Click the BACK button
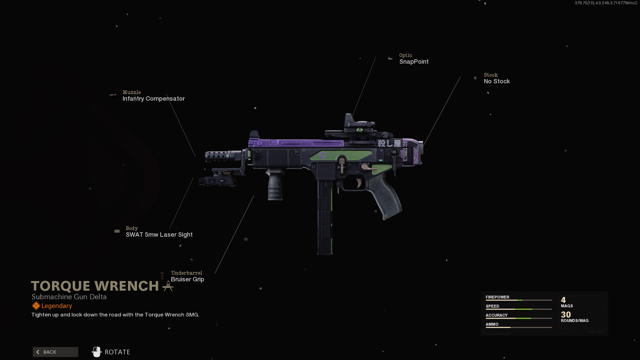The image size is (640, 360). coord(55,352)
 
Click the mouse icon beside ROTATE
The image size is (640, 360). coord(97,352)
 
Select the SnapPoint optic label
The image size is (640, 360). coord(414,62)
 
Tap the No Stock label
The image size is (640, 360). coord(497,81)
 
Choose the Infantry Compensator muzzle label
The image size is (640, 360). coord(153,99)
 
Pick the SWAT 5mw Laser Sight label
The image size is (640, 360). coord(159,235)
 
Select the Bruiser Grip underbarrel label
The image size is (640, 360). coord(187,279)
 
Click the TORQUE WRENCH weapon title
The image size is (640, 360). coord(95,286)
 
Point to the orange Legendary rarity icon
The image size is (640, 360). coord(36,306)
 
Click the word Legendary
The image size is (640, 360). coord(57,306)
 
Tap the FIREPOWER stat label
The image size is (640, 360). coord(497,297)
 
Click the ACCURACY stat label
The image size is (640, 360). coord(496,315)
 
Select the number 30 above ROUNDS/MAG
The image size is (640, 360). coord(566,314)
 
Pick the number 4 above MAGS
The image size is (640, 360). coord(563,300)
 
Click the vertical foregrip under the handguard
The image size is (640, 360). coord(275,187)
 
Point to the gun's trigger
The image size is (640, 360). coord(359,183)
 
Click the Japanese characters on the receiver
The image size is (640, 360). coord(389,143)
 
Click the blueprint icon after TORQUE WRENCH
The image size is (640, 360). coord(168,286)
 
